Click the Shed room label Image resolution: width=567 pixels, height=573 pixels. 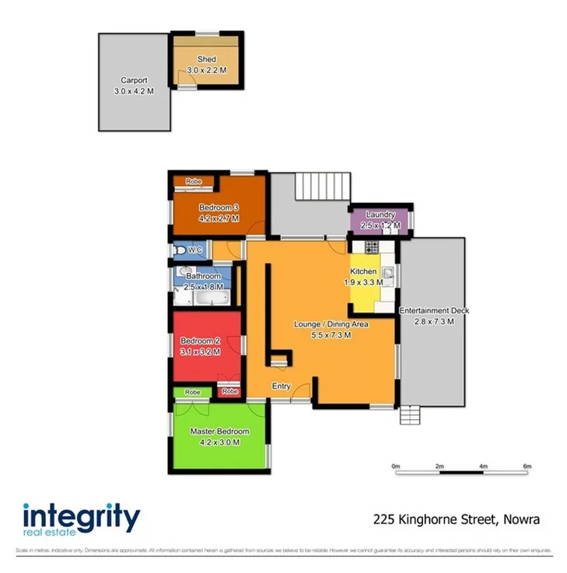pyautogui.click(x=206, y=59)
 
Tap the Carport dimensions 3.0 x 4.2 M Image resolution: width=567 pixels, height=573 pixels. pyautogui.click(x=134, y=91)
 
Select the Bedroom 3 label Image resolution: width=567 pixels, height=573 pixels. pyautogui.click(x=219, y=207)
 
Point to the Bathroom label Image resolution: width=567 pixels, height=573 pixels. pyautogui.click(x=203, y=276)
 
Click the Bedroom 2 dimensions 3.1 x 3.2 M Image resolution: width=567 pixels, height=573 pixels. pyautogui.click(x=201, y=351)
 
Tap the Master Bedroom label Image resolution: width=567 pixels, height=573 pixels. pyautogui.click(x=219, y=431)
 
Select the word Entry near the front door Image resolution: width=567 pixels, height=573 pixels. pyautogui.click(x=281, y=386)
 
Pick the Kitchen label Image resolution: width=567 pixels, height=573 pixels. pyautogui.click(x=363, y=271)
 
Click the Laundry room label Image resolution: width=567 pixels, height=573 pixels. pyautogui.click(x=381, y=215)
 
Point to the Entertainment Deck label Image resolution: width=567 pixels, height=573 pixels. pyautogui.click(x=434, y=311)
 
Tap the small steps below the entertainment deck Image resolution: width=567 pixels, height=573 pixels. pyautogui.click(x=411, y=417)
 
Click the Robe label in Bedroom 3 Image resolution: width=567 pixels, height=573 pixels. pyautogui.click(x=194, y=181)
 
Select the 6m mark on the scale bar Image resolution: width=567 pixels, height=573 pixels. pyautogui.click(x=527, y=466)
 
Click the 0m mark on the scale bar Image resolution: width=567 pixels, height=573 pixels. pyautogui.click(x=396, y=466)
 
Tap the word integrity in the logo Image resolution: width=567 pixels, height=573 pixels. pyautogui.click(x=81, y=517)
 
